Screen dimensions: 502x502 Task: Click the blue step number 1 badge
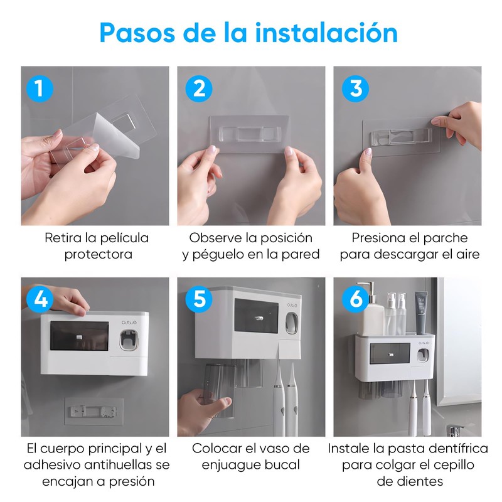40,88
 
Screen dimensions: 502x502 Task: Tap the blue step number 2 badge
199,88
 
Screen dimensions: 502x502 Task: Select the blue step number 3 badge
355,88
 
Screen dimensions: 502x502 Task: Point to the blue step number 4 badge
40,299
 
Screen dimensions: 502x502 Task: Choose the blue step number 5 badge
199,299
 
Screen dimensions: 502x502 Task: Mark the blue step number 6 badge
355,299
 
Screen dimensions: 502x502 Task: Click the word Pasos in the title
137,33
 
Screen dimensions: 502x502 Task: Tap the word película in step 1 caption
124,238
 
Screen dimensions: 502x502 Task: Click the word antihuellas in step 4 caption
119,465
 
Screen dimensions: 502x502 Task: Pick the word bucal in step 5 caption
283,465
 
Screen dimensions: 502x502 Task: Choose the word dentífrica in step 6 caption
459,449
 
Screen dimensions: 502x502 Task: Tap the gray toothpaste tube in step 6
422,312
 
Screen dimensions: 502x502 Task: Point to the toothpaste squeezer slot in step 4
129,340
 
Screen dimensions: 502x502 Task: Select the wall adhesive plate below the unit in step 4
93,412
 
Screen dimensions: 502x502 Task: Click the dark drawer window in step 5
256,316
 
